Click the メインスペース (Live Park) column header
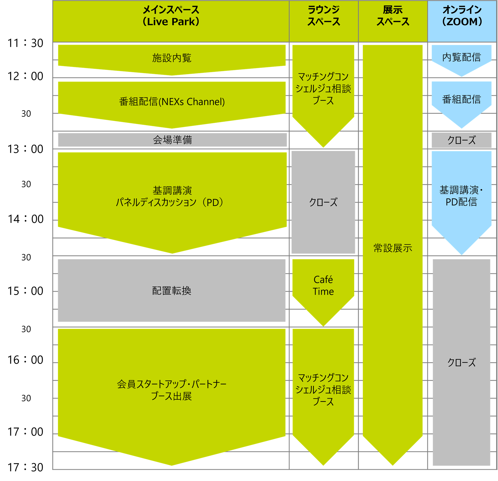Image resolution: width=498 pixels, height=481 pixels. (171, 16)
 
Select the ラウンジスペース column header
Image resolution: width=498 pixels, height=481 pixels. (323, 16)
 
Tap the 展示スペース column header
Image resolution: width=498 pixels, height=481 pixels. (393, 16)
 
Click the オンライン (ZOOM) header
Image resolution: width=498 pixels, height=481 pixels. (462, 16)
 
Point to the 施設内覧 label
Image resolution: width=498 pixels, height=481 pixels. (172, 58)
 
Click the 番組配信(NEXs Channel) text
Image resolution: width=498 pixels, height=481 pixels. (172, 102)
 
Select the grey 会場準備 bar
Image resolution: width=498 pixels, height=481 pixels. (172, 140)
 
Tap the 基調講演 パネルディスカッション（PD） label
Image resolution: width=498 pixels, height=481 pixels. (172, 196)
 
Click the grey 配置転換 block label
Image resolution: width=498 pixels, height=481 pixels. (172, 291)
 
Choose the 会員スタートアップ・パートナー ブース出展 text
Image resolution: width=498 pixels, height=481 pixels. (172, 390)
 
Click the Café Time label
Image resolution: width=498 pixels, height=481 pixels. (323, 286)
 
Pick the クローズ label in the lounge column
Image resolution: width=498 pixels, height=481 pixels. (323, 202)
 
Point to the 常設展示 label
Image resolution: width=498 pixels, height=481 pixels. (393, 248)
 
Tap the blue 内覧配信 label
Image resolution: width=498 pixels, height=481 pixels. (461, 57)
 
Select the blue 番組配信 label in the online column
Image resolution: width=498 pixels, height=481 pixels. (461, 99)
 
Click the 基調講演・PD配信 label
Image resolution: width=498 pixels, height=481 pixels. (461, 196)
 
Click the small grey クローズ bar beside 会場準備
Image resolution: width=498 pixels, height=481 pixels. (461, 140)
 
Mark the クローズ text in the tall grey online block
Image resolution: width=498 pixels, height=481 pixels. (461, 362)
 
